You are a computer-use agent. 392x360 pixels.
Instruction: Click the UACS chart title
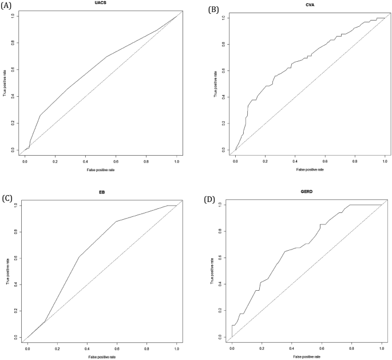click(100, 3)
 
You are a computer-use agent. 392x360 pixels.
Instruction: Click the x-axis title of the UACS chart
click(101, 171)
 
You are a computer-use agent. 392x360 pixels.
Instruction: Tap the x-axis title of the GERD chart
click(307, 356)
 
